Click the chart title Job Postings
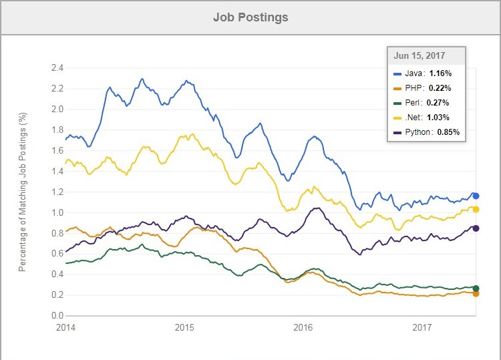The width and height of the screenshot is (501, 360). click(251, 17)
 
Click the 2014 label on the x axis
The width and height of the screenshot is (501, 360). click(65, 327)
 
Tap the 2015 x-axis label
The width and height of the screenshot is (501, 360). click(184, 327)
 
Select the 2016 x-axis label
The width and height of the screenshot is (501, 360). click(303, 327)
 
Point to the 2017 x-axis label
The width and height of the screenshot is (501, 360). click(422, 327)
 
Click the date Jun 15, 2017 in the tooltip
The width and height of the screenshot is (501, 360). click(420, 56)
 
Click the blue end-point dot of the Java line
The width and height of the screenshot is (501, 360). click(476, 196)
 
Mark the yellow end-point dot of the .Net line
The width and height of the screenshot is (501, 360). click(476, 210)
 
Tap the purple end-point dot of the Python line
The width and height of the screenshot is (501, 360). click(476, 228)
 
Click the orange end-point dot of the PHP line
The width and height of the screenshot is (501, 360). click(476, 293)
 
